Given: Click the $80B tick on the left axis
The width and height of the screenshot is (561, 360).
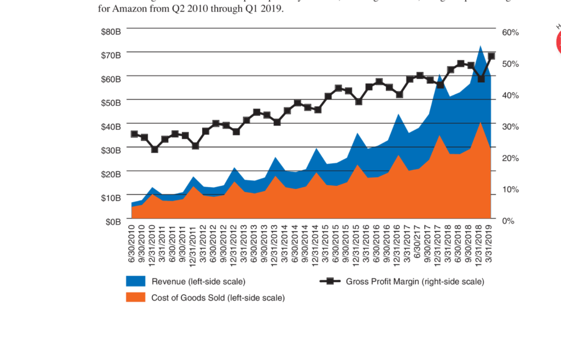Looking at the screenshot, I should pos(111,31).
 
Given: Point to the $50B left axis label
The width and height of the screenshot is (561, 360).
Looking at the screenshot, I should pos(111,102).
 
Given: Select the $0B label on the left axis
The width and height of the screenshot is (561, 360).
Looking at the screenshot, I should pos(113,221).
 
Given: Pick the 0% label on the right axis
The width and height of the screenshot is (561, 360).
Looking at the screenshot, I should pos(508,221).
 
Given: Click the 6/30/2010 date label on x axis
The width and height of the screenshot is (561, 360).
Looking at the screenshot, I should pos(132,242).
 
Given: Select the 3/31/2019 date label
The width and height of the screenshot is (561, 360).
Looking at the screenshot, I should pos(491,242).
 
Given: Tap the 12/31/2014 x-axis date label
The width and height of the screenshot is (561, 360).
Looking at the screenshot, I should pos(317,242).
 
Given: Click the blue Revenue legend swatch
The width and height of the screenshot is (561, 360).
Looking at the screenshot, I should pos(135,282).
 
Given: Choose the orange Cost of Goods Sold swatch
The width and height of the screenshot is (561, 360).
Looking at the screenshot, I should pos(135,298).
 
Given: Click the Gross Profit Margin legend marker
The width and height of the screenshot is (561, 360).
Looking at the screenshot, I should pos(330,282).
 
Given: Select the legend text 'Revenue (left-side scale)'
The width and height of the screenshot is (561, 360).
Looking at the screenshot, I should pos(198,282).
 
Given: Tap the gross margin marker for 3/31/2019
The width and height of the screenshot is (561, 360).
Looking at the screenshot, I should pos(491,56).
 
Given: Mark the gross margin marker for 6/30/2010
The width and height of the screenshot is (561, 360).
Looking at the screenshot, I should pos(134,134).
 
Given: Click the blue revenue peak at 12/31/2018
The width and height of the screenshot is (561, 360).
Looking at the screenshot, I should pos(480,47).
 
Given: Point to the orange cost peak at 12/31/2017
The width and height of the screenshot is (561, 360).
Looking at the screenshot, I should pos(439,135).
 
